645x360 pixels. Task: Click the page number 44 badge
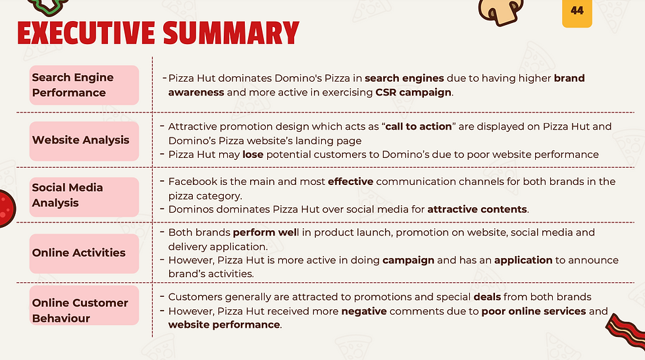click(x=577, y=13)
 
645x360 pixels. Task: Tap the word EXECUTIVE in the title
click(x=86, y=34)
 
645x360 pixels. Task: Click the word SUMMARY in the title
click(x=231, y=34)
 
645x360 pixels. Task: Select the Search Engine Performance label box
click(x=84, y=85)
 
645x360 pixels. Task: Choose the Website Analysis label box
click(x=84, y=141)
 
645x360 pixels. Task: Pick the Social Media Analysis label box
click(x=84, y=197)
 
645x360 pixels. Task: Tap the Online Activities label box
click(x=84, y=253)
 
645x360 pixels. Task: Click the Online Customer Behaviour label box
click(x=84, y=305)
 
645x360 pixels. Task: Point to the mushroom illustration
click(x=501, y=12)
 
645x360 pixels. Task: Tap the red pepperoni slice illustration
click(x=6, y=209)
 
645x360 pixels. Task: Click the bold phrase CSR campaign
click(x=413, y=92)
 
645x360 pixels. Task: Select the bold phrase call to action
click(x=419, y=126)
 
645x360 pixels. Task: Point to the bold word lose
click(x=253, y=154)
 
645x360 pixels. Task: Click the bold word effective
click(x=350, y=182)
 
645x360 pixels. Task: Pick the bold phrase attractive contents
click(x=477, y=209)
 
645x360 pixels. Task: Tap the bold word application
click(x=523, y=261)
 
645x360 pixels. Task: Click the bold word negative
click(x=364, y=311)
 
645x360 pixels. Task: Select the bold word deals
click(x=487, y=297)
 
